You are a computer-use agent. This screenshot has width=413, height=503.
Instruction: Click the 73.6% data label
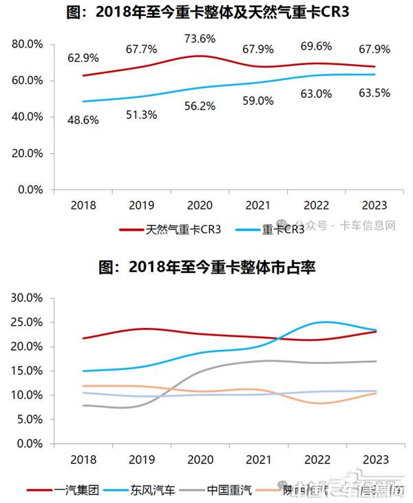click(x=200, y=39)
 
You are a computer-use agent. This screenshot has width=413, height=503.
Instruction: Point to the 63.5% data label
click(x=374, y=93)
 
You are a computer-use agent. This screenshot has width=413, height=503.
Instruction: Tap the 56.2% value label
click(x=200, y=106)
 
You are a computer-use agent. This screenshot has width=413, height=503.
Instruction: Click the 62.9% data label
click(x=83, y=57)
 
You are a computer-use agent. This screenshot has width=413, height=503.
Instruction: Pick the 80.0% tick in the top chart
click(x=28, y=44)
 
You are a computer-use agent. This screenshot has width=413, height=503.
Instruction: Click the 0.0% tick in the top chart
click(x=31, y=189)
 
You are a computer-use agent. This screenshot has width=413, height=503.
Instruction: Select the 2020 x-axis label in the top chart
click(x=200, y=205)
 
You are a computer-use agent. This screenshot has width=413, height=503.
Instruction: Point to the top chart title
click(x=206, y=12)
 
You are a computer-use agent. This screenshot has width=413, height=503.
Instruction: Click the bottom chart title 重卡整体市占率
click(x=206, y=267)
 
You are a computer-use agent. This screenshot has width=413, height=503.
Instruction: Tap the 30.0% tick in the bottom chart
click(x=28, y=298)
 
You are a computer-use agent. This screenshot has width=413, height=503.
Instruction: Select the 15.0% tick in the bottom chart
click(x=28, y=371)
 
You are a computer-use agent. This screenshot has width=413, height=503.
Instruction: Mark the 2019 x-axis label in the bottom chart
click(x=142, y=460)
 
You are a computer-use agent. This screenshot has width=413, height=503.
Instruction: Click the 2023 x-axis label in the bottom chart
click(x=374, y=460)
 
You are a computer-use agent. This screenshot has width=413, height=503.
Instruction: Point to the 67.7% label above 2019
click(x=141, y=49)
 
